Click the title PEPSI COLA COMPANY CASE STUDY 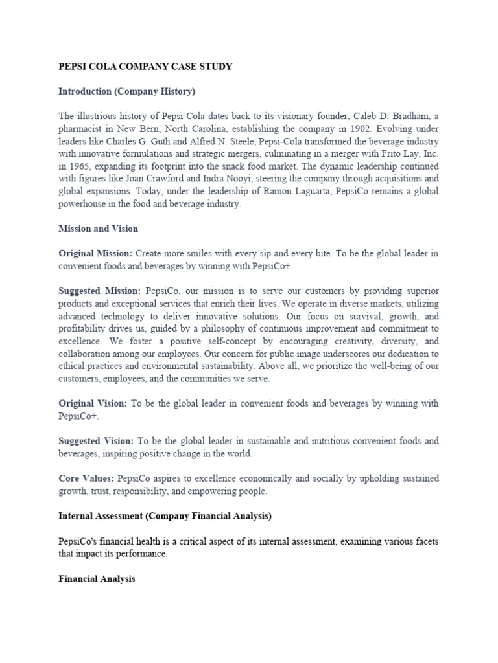point(146,67)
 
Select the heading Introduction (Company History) point(126,91)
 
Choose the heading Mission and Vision point(98,229)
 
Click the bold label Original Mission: point(95,253)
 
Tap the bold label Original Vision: point(93,403)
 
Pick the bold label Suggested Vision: point(97,441)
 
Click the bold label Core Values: point(86,478)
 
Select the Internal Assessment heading point(165,516)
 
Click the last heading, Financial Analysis point(97,579)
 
